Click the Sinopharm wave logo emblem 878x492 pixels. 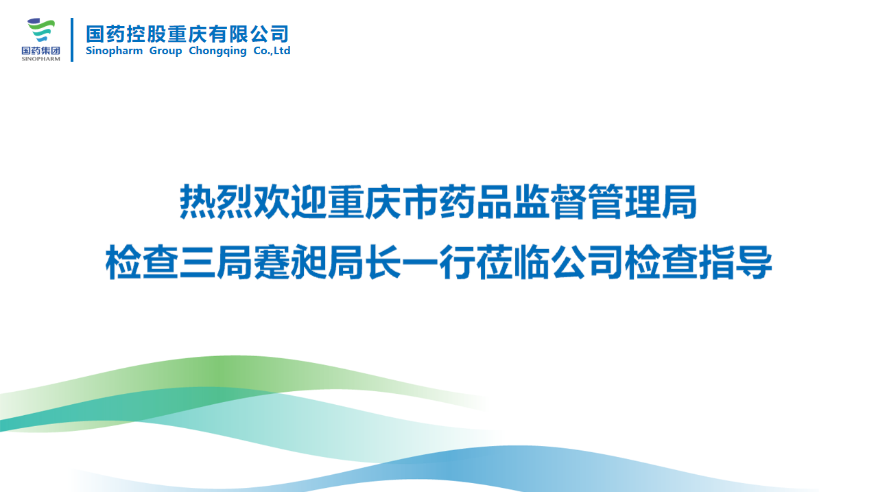40,30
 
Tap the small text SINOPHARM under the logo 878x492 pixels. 40,59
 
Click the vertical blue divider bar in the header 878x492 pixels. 72,40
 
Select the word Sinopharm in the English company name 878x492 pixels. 114,51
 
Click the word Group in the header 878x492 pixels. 165,51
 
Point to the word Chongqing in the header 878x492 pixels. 217,51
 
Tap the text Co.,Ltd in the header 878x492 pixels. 272,51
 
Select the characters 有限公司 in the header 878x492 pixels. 248,34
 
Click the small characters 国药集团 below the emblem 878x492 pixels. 40,51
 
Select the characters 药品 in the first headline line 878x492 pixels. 476,202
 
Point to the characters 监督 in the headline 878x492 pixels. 550,202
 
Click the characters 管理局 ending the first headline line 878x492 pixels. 643,202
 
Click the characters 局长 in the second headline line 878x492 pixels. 364,262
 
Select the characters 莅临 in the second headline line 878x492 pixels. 513,262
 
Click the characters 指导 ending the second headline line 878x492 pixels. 736,262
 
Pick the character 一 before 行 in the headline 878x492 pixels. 420,262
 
